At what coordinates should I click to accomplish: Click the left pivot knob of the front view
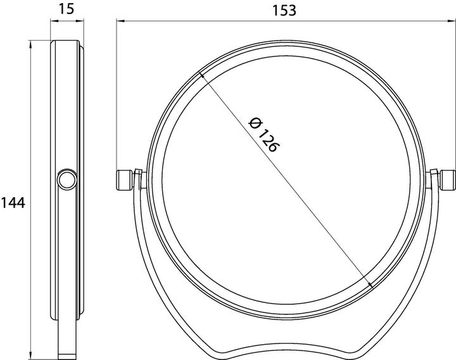124,179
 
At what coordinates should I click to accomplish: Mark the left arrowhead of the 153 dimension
118,21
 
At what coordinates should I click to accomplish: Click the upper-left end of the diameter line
201,75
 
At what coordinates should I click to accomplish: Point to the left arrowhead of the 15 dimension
52,21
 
